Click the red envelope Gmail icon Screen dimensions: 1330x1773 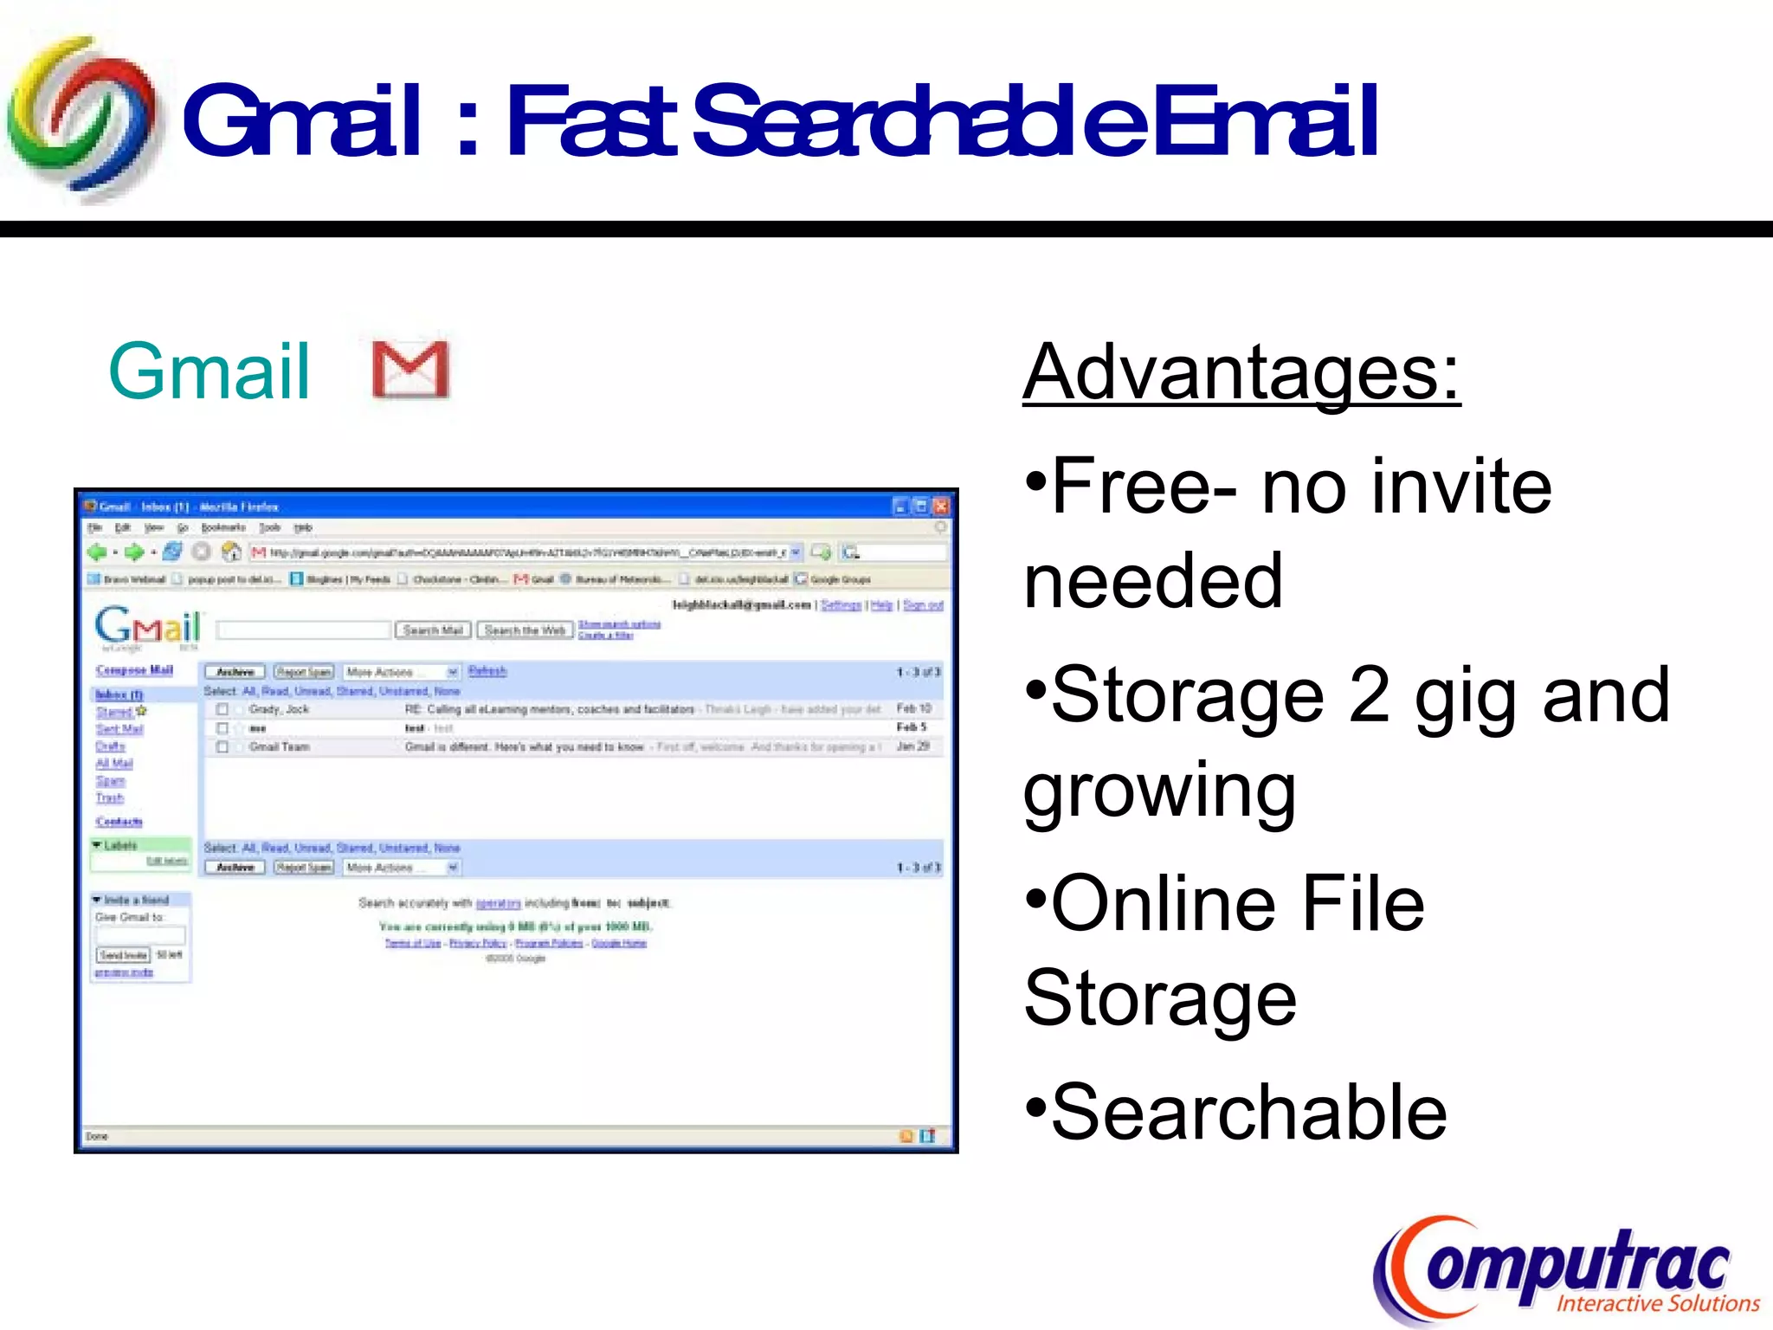[410, 370]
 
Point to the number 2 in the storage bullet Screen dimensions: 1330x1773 [1369, 695]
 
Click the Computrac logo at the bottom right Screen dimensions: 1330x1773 [1565, 1270]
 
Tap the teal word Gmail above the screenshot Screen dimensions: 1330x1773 [209, 371]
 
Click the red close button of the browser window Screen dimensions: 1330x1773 [941, 507]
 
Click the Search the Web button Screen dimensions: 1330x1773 [525, 630]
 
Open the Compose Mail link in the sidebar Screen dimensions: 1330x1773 [134, 670]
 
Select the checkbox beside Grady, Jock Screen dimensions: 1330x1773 [222, 709]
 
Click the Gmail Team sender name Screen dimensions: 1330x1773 [279, 746]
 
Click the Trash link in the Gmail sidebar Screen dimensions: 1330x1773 [109, 797]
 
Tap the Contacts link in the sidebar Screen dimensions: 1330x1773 [119, 822]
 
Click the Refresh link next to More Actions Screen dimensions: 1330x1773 [487, 671]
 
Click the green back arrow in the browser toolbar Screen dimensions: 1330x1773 [96, 552]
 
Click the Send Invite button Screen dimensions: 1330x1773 [123, 955]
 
